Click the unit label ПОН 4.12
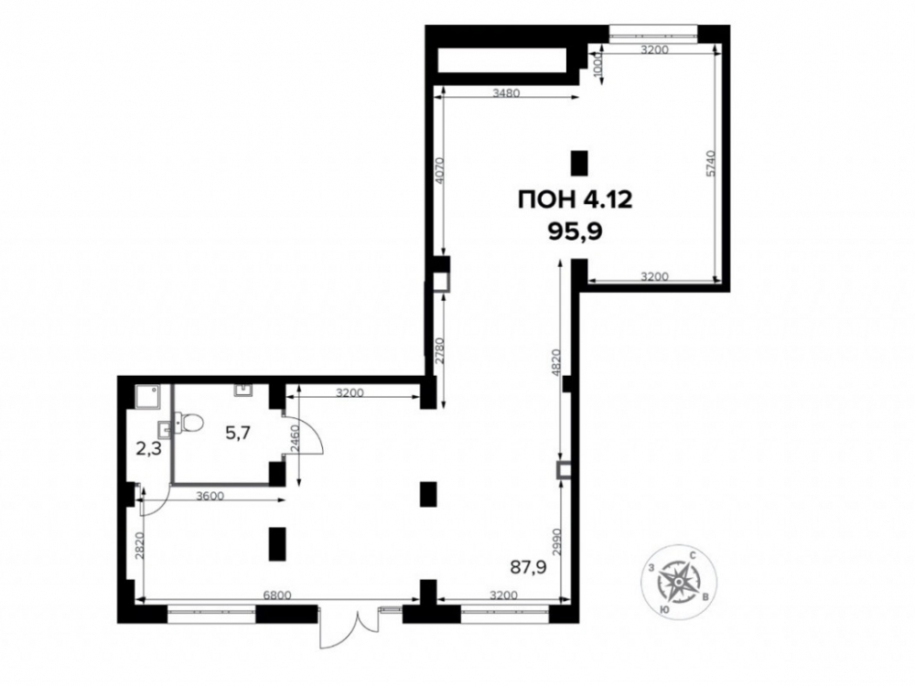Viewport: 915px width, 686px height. [x=575, y=200]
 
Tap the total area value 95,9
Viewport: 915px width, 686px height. [x=575, y=232]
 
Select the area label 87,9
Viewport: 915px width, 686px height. [x=528, y=566]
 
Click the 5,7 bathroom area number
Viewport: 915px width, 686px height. [x=239, y=433]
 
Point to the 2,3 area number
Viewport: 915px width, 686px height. [x=149, y=449]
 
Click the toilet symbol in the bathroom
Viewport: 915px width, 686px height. [x=188, y=422]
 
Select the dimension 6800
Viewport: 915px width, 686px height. [x=278, y=595]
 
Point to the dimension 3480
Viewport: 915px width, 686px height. [x=506, y=92]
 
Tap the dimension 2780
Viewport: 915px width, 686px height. [x=440, y=351]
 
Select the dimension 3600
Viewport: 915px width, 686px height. [x=210, y=497]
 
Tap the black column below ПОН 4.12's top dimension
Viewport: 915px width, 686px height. [x=578, y=163]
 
